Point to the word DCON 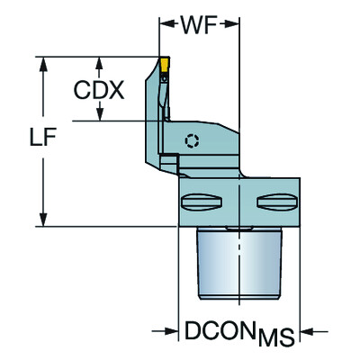[x=220, y=330]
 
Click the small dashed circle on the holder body [x=189, y=139]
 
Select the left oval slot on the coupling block [x=202, y=201]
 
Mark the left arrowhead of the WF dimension [x=166, y=19]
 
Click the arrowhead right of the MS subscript [x=306, y=331]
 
